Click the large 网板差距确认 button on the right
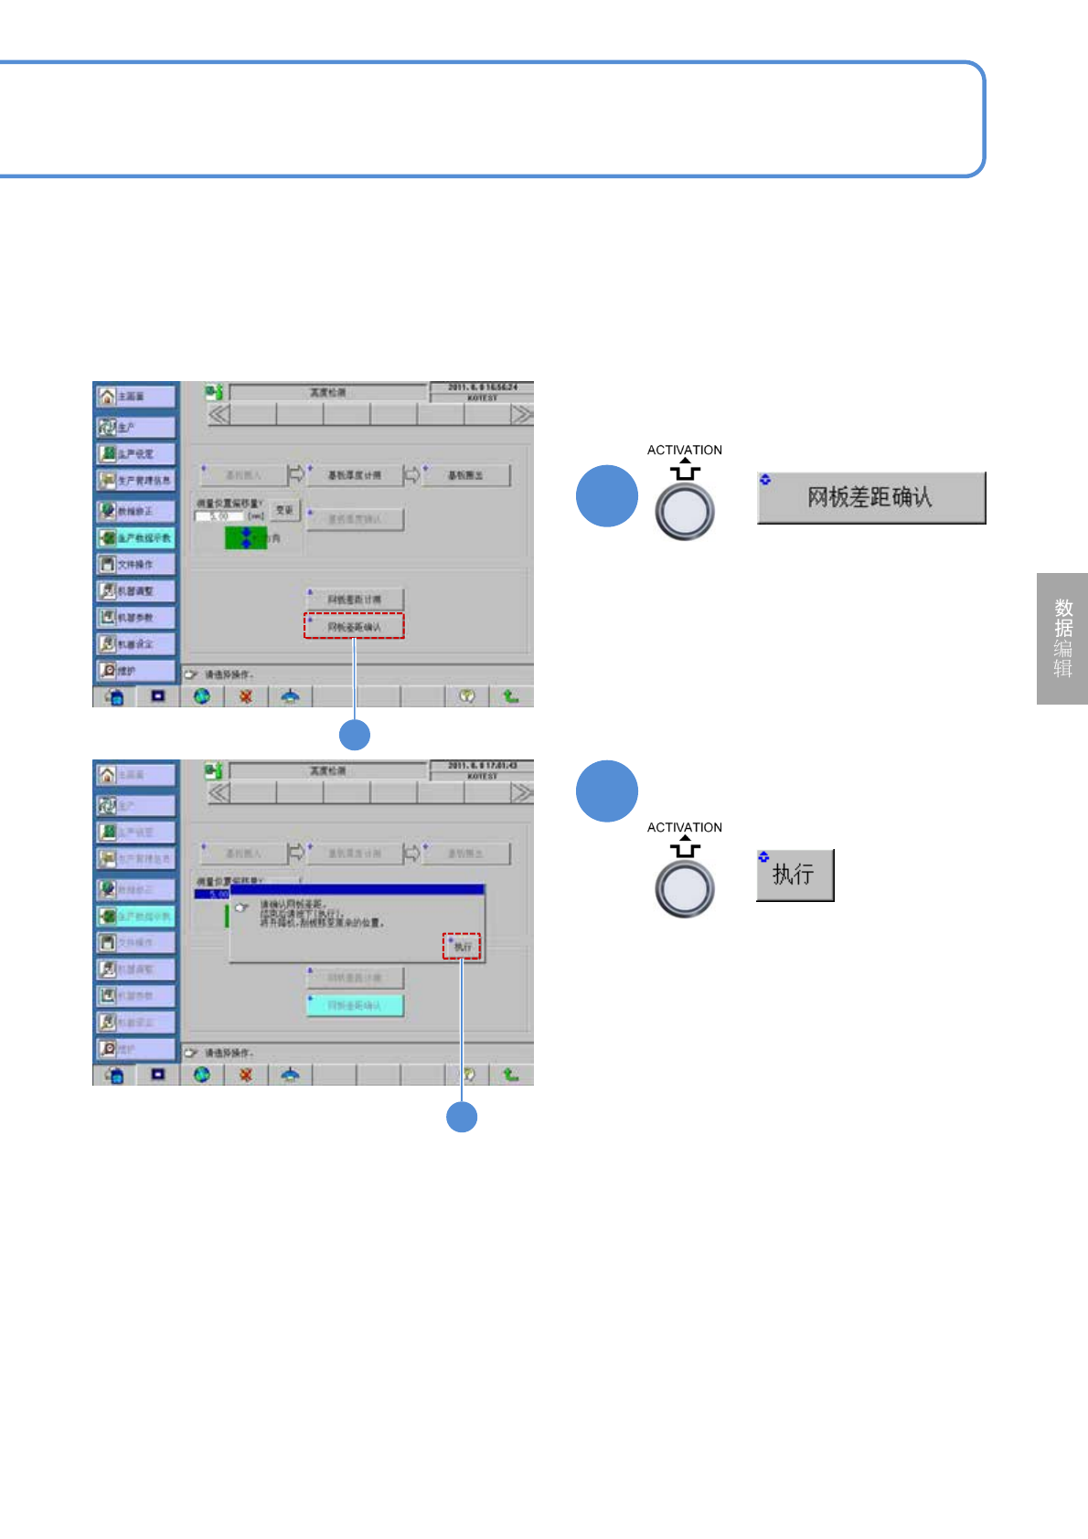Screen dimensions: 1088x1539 tap(870, 497)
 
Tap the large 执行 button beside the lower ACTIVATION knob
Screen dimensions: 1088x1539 tap(795, 875)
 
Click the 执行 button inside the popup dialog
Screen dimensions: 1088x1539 tap(462, 946)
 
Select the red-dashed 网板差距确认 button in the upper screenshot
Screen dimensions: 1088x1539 tap(354, 626)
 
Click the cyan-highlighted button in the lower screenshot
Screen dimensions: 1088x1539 tap(354, 1004)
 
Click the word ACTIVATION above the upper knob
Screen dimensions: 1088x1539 tap(684, 450)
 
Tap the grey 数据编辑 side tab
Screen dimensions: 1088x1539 tap(1061, 638)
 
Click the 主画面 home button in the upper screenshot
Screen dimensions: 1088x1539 tap(135, 396)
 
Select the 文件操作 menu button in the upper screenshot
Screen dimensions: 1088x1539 tap(135, 564)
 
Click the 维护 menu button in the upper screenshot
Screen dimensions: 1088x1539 tap(135, 670)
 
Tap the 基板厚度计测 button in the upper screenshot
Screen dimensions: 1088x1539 tap(355, 475)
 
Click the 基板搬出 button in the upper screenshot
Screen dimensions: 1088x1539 tap(465, 475)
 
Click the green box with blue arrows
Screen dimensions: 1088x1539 tap(244, 537)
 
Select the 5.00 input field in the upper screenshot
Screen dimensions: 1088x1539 tap(219, 516)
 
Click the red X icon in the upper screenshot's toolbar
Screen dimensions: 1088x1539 tap(245, 696)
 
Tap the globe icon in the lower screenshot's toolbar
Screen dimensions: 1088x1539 tap(201, 1075)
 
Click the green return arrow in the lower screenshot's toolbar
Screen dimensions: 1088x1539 tap(510, 1075)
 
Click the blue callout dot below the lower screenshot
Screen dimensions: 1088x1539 tap(462, 1117)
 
